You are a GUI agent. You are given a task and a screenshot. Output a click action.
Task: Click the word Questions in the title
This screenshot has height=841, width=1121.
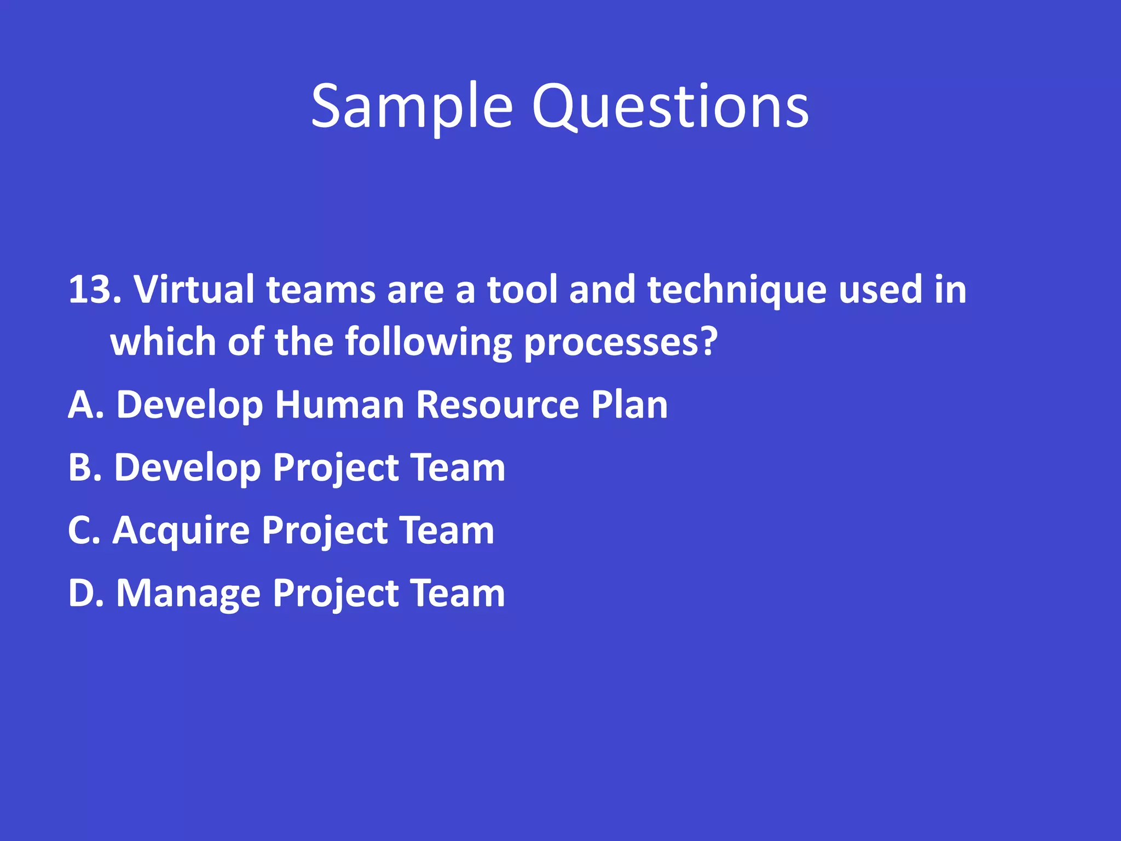pyautogui.click(x=670, y=107)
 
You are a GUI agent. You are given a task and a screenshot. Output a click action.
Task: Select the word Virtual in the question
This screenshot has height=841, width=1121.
pyautogui.click(x=194, y=290)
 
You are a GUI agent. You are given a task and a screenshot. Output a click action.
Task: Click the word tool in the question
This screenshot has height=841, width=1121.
pyautogui.click(x=522, y=290)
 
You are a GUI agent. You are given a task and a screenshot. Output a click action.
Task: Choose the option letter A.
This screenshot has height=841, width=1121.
pyautogui.click(x=82, y=405)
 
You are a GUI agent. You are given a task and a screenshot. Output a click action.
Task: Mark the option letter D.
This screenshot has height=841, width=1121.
pyautogui.click(x=82, y=594)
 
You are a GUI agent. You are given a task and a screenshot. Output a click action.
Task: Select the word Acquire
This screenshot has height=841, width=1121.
pyautogui.click(x=180, y=532)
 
